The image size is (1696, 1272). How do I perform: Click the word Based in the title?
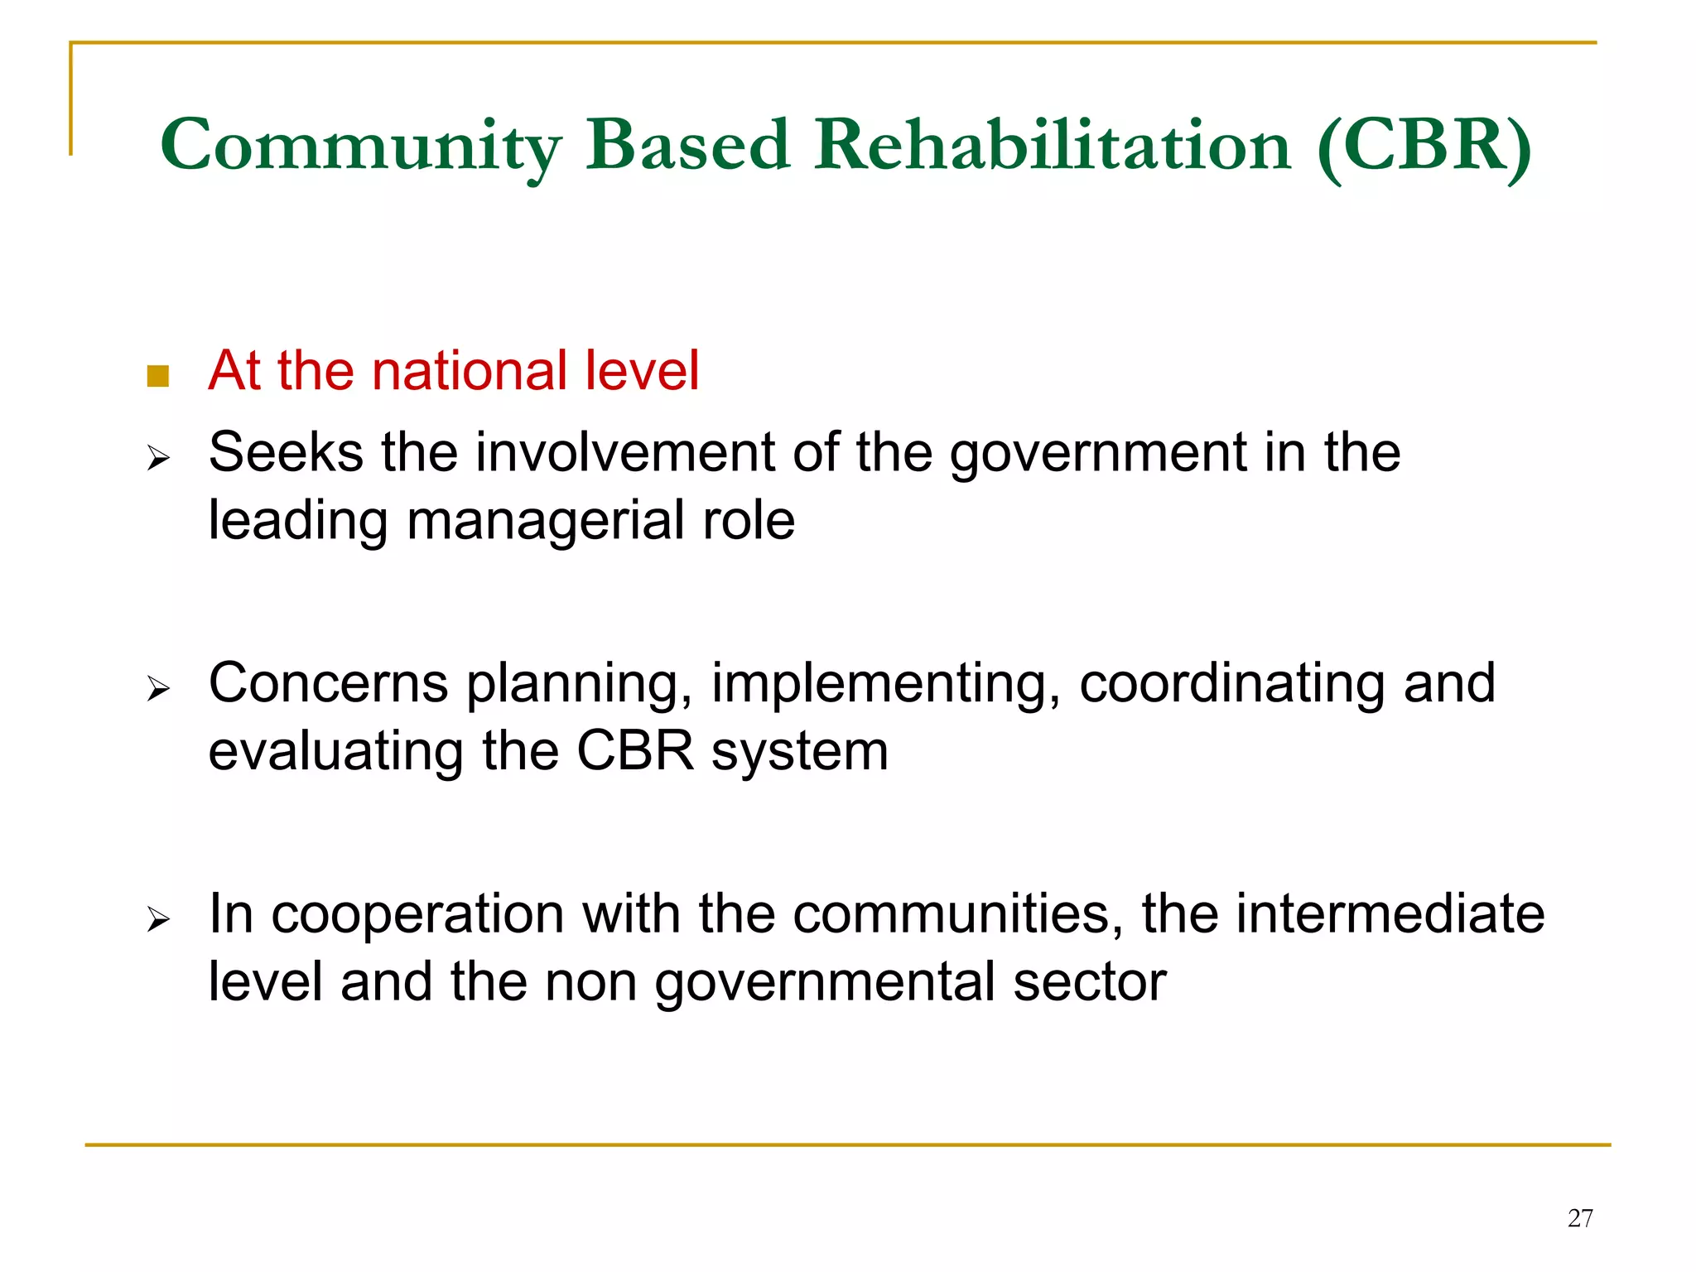tap(687, 145)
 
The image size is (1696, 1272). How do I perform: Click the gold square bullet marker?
tap(157, 377)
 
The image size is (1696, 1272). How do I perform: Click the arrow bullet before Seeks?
tap(157, 457)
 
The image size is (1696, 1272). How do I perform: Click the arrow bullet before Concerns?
tap(157, 688)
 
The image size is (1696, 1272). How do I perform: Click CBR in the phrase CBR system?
tap(634, 752)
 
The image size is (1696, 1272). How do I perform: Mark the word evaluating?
tap(335, 752)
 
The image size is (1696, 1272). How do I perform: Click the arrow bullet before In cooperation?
tap(157, 919)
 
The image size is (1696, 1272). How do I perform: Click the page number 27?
tap(1580, 1218)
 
